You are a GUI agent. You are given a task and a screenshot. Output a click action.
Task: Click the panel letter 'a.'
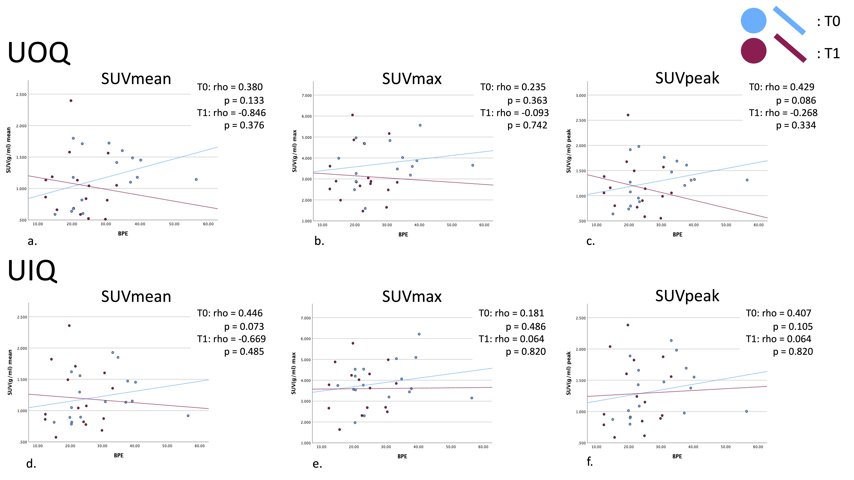(x=32, y=241)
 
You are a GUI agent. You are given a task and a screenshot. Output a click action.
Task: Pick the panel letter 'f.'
(x=589, y=461)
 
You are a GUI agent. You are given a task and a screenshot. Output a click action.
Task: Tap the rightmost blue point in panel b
(x=472, y=165)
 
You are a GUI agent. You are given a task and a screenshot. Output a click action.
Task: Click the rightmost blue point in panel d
(x=188, y=416)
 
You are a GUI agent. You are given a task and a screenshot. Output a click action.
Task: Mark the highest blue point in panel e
(x=419, y=334)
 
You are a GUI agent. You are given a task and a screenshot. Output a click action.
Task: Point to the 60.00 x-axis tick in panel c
(x=759, y=225)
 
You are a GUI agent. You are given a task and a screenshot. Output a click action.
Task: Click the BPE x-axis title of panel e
(x=402, y=457)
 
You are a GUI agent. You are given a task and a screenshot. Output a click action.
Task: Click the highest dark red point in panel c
(x=628, y=115)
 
